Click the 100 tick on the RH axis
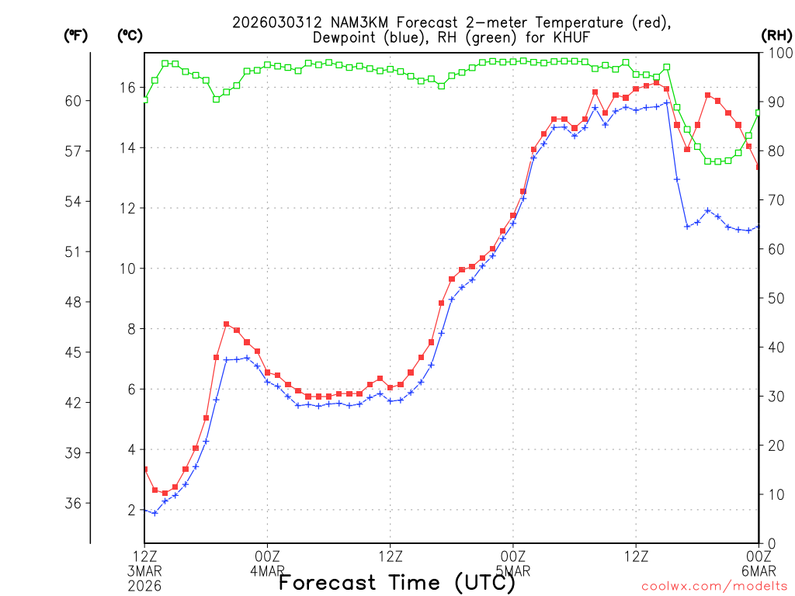tap(776, 53)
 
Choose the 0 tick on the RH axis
tap(769, 543)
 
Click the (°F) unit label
tap(75, 35)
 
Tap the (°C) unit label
tap(130, 35)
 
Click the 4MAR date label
tap(267, 570)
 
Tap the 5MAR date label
tap(512, 570)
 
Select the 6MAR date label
tap(758, 570)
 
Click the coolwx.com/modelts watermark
tap(713, 586)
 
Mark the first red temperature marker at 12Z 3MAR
tap(144, 469)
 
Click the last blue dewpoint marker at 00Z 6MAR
tap(759, 227)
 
